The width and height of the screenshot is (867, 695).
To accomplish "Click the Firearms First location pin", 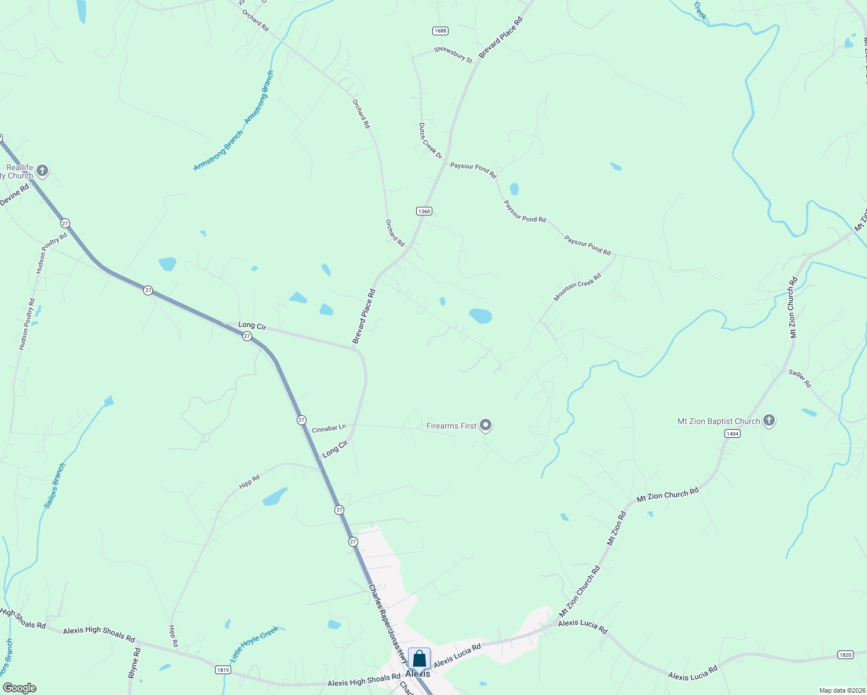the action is point(486,426).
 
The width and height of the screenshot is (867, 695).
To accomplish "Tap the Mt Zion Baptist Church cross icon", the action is point(769,420).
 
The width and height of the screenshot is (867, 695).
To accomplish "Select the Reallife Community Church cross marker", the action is point(42,171).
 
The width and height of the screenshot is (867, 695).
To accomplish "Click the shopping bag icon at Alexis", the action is point(419,659).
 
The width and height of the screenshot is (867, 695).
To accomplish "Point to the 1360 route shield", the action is point(424,211).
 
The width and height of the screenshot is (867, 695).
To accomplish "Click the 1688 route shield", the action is point(440,31).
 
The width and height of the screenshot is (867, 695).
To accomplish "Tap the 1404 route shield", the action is point(733,434).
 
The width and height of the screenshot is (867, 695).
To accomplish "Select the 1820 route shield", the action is point(846,655).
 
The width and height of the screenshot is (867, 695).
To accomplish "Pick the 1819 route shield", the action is point(223,670).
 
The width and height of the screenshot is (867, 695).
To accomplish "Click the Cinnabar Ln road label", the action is point(329,429).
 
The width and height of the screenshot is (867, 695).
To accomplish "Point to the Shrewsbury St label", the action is point(453,54).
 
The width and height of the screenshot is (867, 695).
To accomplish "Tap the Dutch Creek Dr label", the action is point(430,140).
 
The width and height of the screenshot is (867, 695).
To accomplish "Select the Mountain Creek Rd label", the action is point(577,287).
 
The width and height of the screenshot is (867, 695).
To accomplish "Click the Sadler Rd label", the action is point(800,378).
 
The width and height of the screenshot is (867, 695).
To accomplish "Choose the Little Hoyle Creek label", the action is point(254,644).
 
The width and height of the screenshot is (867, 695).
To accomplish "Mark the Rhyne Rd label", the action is point(134,663).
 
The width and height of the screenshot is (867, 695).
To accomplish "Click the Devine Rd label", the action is point(14,195).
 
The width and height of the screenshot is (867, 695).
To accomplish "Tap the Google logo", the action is point(19,688).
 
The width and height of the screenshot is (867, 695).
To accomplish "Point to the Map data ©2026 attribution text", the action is point(841,690).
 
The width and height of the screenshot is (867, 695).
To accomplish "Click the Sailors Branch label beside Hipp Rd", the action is point(55,486).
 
